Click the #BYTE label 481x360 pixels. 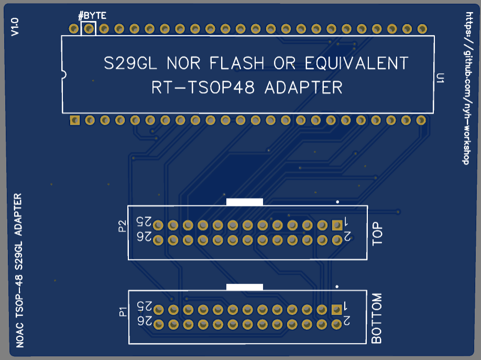click(x=92, y=16)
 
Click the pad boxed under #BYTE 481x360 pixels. click(x=89, y=28)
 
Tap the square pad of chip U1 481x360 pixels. click(x=74, y=121)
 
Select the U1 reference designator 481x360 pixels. click(x=441, y=79)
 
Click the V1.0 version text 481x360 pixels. click(x=15, y=27)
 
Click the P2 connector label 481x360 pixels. click(x=123, y=226)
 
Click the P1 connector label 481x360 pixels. click(x=123, y=313)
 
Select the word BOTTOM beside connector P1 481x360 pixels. click(x=377, y=319)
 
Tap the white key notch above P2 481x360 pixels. click(x=244, y=201)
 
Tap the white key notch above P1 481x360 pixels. click(x=244, y=287)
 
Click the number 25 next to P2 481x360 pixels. click(x=144, y=221)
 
